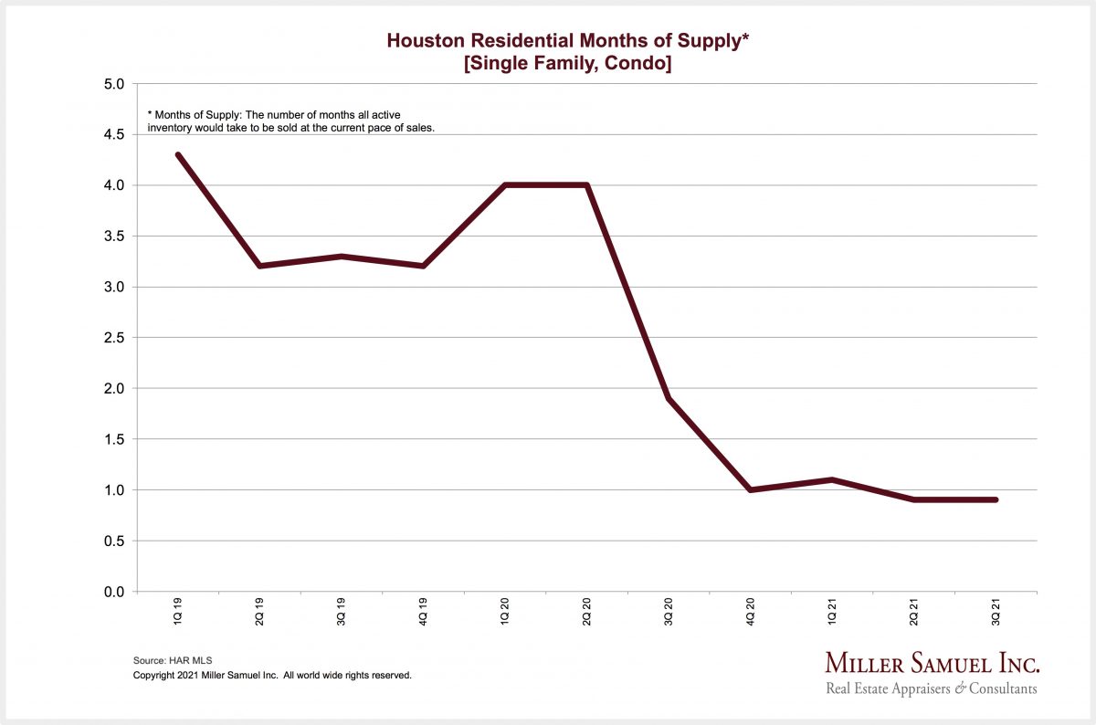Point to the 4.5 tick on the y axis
[x=112, y=135]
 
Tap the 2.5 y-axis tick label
[x=112, y=338]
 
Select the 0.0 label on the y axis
[x=112, y=592]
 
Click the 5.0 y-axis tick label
[x=112, y=84]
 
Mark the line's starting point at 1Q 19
[x=177, y=155]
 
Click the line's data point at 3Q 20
[x=669, y=399]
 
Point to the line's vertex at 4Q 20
[x=751, y=490]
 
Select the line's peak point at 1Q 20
[x=505, y=185]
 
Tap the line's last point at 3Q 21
[x=996, y=499]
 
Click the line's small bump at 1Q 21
[x=832, y=480]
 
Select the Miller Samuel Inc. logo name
[x=932, y=664]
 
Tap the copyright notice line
[x=272, y=676]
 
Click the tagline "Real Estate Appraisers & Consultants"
[x=931, y=689]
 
